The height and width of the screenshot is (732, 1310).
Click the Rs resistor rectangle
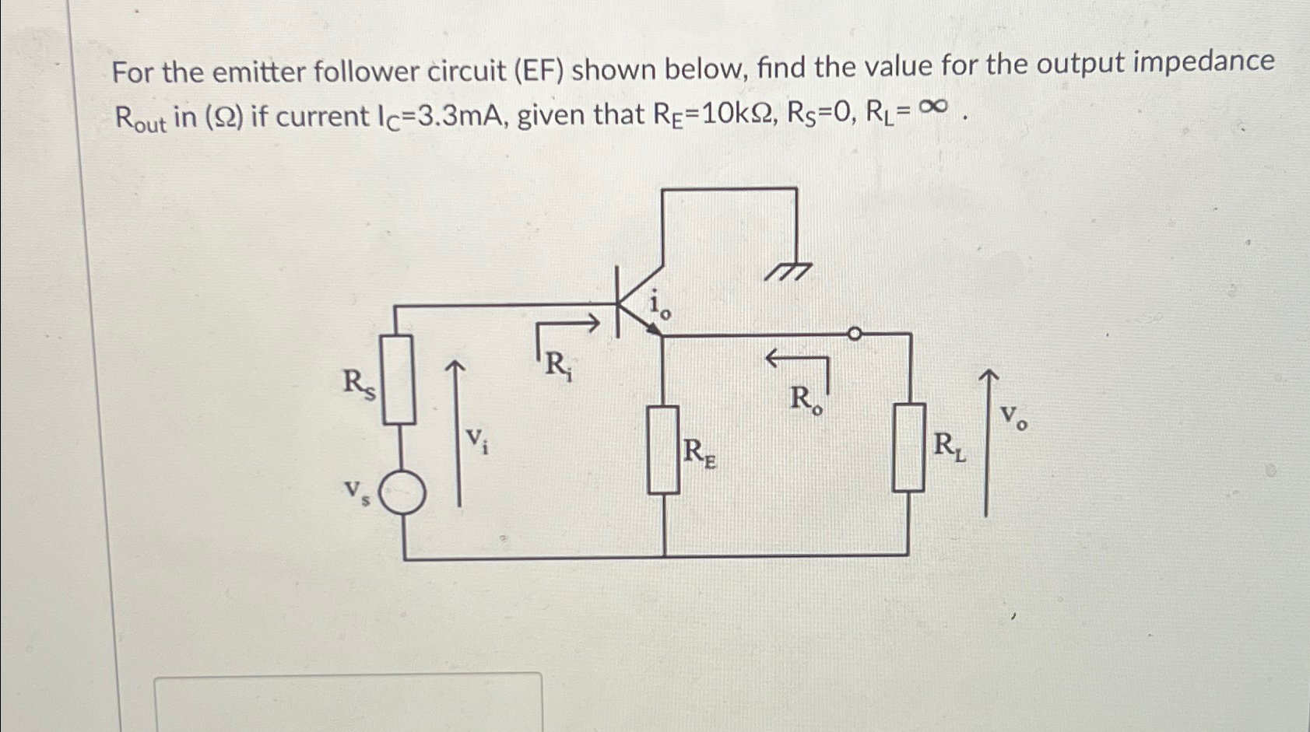(x=398, y=379)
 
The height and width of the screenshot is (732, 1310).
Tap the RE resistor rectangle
(x=664, y=450)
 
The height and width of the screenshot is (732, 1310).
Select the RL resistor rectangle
(x=908, y=447)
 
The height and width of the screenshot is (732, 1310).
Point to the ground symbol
(x=788, y=271)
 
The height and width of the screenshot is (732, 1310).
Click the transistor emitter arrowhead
(x=655, y=330)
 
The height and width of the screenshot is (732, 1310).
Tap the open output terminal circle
(x=854, y=334)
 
